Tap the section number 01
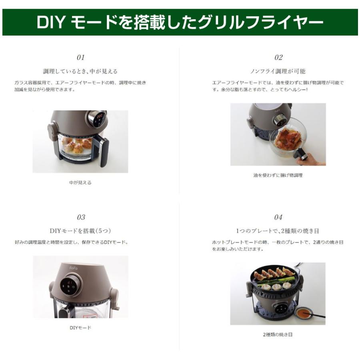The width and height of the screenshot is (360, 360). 80,58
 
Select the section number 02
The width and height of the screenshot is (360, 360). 278,58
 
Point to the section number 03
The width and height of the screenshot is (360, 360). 81,217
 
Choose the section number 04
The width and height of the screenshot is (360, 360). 278,217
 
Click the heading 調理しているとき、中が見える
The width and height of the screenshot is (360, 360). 80,71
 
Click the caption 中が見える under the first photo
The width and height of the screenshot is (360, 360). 80,182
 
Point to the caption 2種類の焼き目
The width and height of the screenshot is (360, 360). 278,334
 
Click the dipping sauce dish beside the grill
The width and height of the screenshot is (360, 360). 304,312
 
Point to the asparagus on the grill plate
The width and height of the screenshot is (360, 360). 276,281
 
